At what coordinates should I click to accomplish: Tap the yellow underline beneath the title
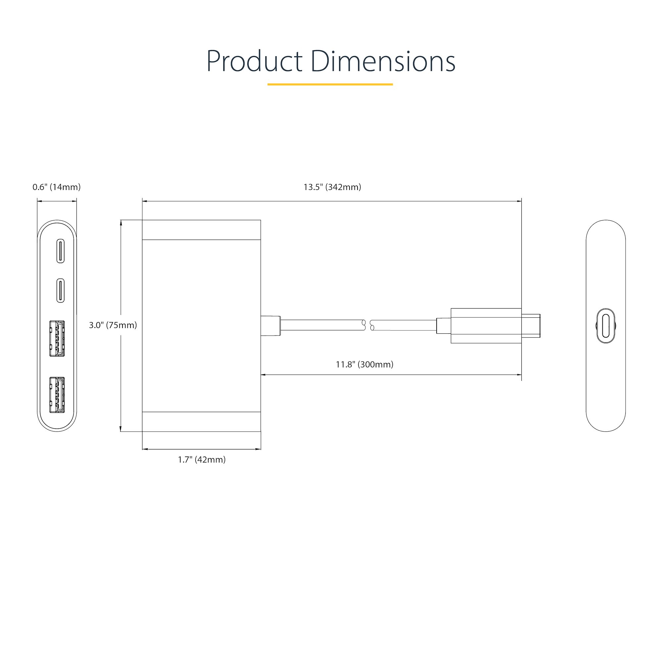(x=330, y=84)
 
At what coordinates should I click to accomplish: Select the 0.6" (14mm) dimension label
(x=57, y=187)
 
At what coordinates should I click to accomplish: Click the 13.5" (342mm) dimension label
(x=332, y=187)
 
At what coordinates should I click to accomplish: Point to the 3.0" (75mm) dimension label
(x=113, y=325)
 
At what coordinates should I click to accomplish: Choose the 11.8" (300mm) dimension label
(x=364, y=364)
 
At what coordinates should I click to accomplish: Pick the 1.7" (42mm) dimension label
(x=202, y=459)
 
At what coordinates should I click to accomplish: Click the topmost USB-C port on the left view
(x=60, y=252)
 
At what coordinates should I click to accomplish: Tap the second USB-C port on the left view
(x=60, y=291)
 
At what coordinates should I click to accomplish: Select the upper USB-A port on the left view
(x=57, y=339)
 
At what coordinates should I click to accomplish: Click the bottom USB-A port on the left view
(x=57, y=395)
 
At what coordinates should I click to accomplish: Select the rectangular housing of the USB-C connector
(x=486, y=325)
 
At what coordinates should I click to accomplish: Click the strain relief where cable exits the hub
(x=270, y=325)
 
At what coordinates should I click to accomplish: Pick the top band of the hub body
(x=201, y=230)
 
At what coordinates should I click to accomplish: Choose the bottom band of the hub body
(x=201, y=421)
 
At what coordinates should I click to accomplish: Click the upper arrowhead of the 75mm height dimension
(x=120, y=222)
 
